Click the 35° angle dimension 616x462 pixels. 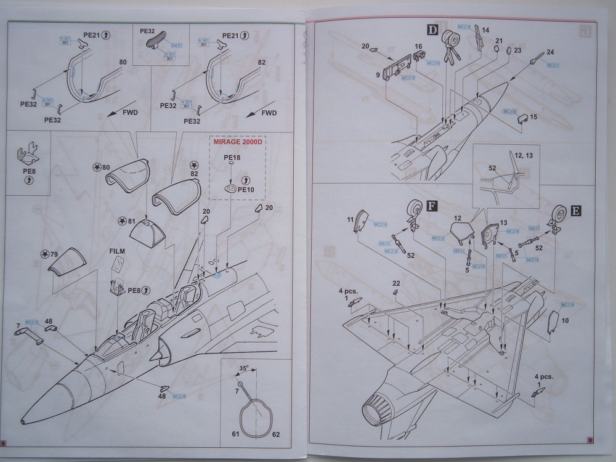(x=244, y=370)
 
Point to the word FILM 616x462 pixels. (x=117, y=252)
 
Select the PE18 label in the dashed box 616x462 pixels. (x=232, y=158)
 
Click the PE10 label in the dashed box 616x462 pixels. (x=245, y=190)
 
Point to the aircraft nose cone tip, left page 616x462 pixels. (x=23, y=422)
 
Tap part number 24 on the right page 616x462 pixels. (x=550, y=52)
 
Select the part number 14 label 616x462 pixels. (x=485, y=30)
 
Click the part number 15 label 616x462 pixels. (x=533, y=116)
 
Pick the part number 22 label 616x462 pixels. (x=396, y=283)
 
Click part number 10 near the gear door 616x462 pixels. (x=565, y=320)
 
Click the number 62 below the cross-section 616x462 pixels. (x=276, y=435)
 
